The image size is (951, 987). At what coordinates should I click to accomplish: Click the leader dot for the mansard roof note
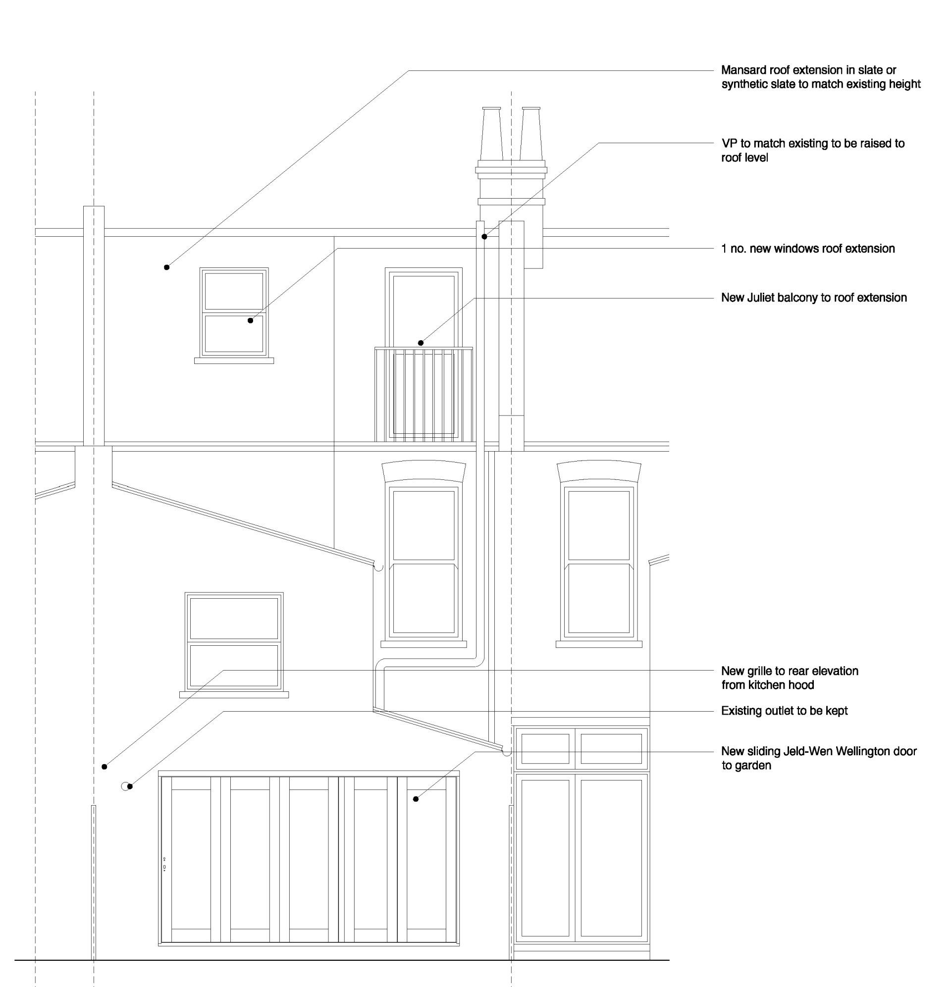coord(167,267)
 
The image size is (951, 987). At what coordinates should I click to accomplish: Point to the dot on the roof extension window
coord(250,321)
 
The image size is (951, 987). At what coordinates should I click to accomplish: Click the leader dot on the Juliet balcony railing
coord(421,343)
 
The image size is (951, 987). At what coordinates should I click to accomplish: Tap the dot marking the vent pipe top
coord(484,237)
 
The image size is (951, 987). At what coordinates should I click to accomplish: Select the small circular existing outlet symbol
coord(126,786)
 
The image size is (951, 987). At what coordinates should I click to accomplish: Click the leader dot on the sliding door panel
coord(416,799)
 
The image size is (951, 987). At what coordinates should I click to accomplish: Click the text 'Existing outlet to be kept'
coord(784,711)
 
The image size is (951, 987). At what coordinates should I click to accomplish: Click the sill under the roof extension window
coord(234,361)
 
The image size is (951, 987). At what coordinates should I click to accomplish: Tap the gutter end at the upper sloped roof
coord(378,567)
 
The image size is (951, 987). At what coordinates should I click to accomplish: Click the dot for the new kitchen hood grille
coord(105,767)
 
